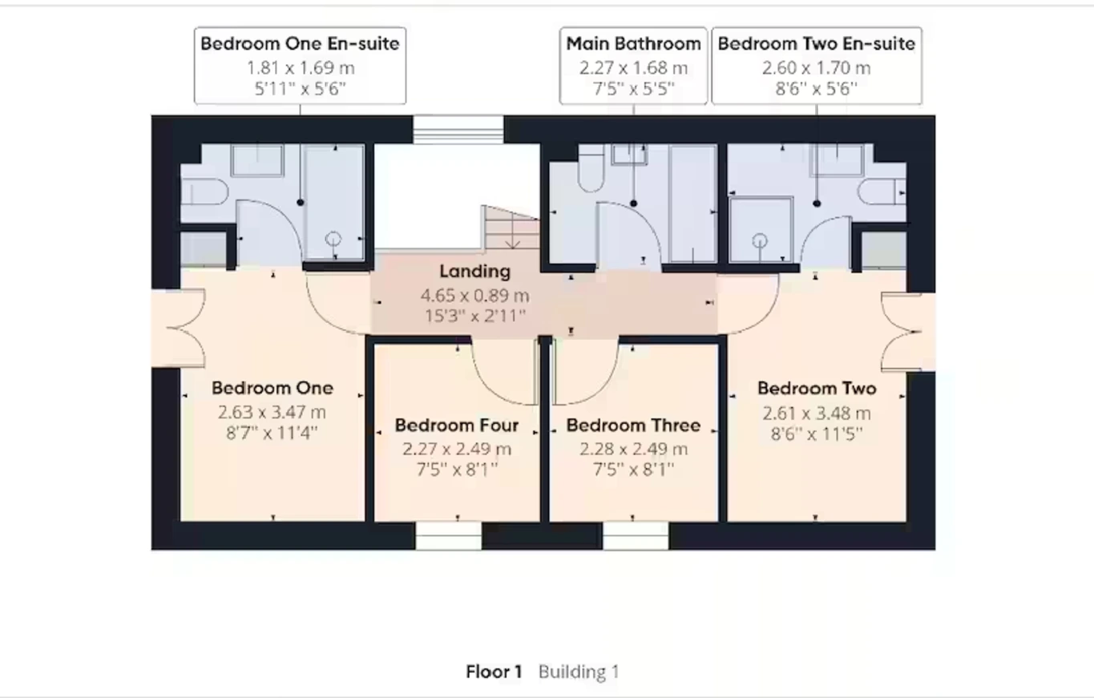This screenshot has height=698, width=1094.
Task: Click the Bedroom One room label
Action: coord(272,389)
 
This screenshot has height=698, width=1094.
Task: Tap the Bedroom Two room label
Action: coord(817,389)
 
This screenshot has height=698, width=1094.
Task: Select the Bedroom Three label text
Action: coord(633,426)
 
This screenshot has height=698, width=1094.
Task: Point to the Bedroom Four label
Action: coord(457,426)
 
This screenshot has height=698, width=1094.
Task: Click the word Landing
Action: coord(474,272)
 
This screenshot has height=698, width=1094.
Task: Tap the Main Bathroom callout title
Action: coord(633,44)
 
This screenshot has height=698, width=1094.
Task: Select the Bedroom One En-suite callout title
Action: coord(300,44)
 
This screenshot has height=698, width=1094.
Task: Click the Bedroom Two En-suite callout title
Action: coord(817,44)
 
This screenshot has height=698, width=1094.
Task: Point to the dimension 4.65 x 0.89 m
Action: coord(474,296)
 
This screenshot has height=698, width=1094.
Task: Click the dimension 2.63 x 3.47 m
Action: coord(272,413)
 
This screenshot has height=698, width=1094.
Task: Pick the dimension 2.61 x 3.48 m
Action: coord(817,414)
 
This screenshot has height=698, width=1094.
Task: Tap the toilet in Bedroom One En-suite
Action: coord(204,192)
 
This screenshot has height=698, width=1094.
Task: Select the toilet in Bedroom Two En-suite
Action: coord(882,191)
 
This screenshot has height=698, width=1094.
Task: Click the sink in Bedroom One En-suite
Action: coord(257,160)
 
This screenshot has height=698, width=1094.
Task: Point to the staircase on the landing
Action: coord(511,228)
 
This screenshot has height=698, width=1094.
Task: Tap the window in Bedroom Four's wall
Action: coord(448,536)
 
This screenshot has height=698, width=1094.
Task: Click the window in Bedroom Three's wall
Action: coord(636,536)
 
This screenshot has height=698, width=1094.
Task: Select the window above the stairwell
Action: coord(458,130)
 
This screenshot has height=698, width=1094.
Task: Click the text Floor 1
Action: coord(494,672)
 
